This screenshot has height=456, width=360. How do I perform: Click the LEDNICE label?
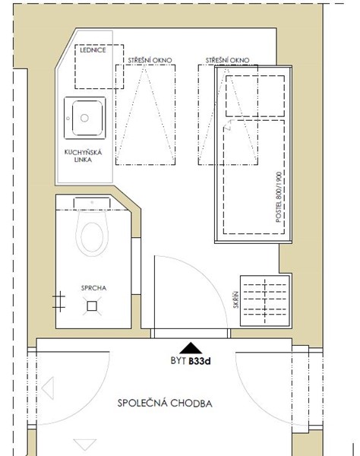tap(93, 50)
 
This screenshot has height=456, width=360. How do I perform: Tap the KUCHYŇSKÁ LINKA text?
tap(83, 156)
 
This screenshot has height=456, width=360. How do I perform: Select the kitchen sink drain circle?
tap(84, 118)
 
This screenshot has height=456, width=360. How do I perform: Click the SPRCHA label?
tap(93, 288)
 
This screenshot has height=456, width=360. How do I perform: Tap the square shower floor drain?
tap(92, 306)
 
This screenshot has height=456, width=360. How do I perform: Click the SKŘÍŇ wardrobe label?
tap(236, 299)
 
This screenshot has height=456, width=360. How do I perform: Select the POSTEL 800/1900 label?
tap(278, 197)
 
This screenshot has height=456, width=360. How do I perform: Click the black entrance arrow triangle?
tap(191, 348)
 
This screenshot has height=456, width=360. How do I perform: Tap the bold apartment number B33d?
tap(200, 361)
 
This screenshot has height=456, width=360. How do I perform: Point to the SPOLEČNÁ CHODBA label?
tap(165, 404)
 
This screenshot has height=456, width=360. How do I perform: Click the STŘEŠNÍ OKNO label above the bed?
tap(228, 60)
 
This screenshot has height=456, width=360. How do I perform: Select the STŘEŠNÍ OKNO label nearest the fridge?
tap(150, 60)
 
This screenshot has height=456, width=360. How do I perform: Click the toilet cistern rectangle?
tap(92, 203)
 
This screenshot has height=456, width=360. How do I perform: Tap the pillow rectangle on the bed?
tap(255, 96)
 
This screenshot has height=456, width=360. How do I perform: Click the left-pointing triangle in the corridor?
tap(48, 388)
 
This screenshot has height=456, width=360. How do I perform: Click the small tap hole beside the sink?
tap(68, 119)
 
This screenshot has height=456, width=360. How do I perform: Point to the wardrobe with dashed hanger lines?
tap(265, 301)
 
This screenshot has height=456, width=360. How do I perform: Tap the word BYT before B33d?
tap(178, 361)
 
